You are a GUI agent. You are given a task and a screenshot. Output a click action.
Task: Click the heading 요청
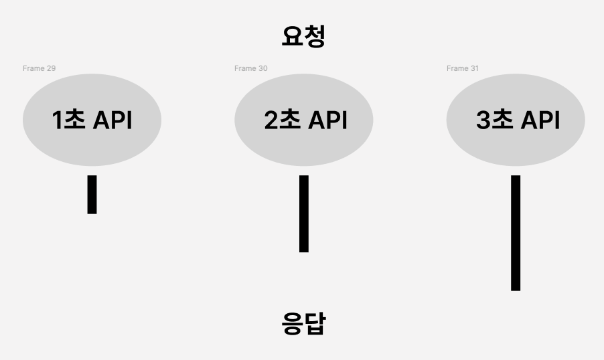(303, 36)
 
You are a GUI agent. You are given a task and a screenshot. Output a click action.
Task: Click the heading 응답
(303, 324)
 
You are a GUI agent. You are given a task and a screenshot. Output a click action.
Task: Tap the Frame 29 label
(39, 68)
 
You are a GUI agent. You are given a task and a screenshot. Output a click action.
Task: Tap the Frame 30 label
(250, 68)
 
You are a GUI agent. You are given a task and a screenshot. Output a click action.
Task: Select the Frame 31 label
(463, 68)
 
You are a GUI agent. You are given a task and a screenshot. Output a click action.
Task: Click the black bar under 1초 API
(92, 194)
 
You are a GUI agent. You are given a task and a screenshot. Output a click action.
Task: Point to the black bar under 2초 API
(303, 213)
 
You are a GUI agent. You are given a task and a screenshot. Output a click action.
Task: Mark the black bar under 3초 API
(516, 233)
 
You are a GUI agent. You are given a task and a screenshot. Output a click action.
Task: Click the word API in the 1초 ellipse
(112, 120)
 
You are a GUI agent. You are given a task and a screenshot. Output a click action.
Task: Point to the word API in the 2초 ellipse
(327, 120)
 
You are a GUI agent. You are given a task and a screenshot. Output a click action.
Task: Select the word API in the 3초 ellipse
(539, 120)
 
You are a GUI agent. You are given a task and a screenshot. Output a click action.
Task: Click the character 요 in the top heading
(292, 36)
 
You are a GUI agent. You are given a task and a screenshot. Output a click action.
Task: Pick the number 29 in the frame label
(50, 68)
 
